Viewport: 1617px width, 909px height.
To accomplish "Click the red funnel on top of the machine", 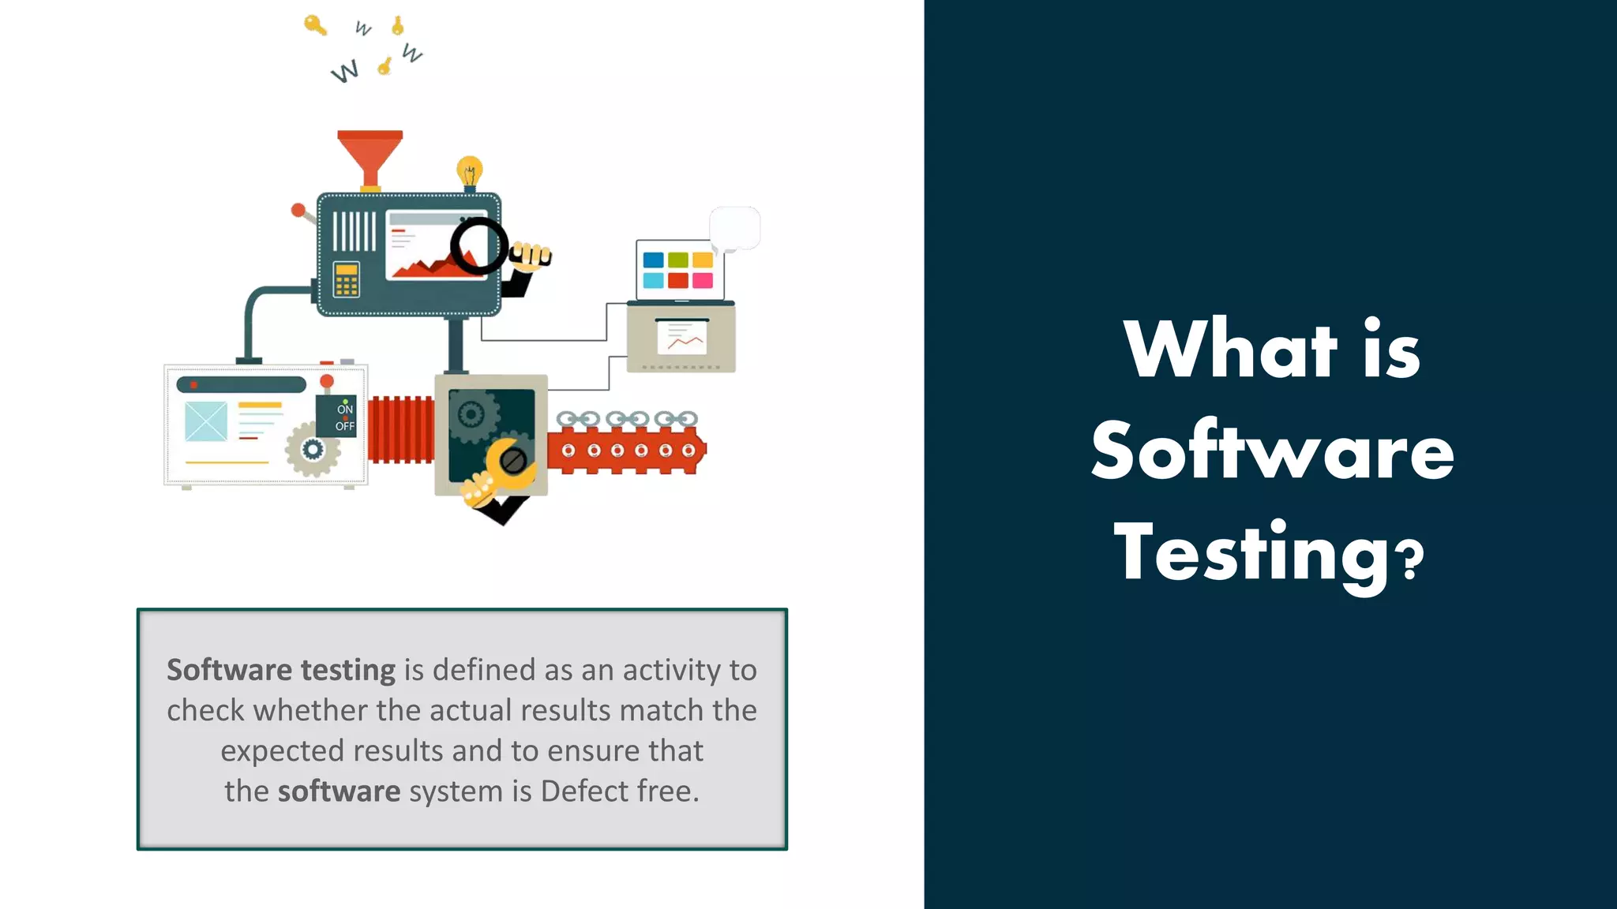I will (x=370, y=154).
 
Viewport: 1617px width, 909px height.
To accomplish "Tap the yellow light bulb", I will (x=469, y=170).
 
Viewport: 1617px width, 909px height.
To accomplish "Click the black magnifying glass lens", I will (x=478, y=246).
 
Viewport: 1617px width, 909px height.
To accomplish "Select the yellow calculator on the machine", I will (x=346, y=279).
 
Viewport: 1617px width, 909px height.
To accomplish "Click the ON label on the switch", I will (x=345, y=410).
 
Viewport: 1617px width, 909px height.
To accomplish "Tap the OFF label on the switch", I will (x=345, y=427).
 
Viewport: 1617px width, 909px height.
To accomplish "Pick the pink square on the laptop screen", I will (x=702, y=280).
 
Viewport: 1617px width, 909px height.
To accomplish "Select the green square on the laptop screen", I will (x=677, y=260).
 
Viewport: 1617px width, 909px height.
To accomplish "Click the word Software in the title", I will (x=1272, y=451).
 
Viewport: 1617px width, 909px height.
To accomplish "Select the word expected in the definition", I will (x=282, y=751).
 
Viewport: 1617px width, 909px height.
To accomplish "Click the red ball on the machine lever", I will (x=298, y=210).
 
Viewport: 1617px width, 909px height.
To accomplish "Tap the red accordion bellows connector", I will (x=400, y=430).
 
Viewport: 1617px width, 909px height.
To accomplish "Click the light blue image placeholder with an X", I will (x=206, y=421).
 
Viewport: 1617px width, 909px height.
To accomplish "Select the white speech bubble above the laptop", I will (x=735, y=228).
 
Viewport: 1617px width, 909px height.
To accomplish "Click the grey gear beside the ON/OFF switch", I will (x=313, y=450).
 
